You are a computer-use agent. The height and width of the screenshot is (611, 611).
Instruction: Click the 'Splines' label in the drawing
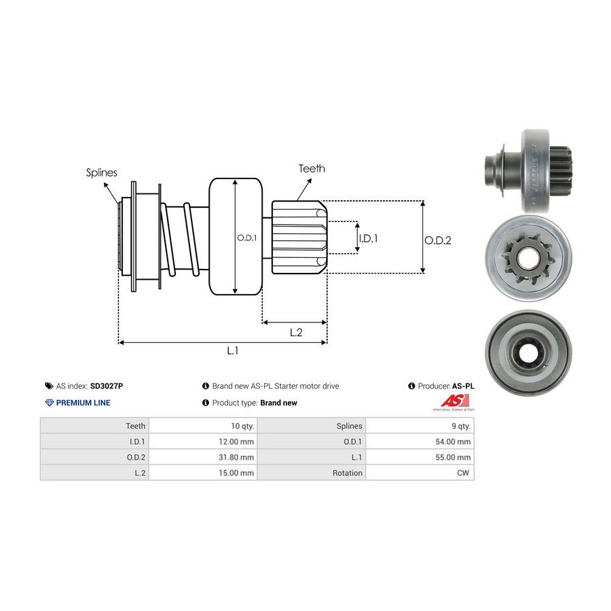point(102,172)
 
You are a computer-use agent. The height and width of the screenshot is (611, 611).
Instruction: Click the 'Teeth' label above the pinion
point(312,168)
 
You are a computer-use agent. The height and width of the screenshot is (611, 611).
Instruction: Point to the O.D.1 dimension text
point(246,238)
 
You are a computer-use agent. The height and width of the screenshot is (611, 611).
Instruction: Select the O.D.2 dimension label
point(438,240)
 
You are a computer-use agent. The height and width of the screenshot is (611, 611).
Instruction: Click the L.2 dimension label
point(296,332)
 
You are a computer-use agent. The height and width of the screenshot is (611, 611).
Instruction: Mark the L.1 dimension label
point(233,350)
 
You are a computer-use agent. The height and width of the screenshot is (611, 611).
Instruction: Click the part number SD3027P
point(107,386)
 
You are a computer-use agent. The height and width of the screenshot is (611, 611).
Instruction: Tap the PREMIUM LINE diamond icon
point(49,403)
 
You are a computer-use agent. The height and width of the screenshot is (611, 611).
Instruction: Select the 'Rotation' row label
point(348,473)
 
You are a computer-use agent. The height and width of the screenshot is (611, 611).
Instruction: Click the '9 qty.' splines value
point(459,426)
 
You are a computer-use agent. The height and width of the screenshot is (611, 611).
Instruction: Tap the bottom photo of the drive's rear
point(528,352)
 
